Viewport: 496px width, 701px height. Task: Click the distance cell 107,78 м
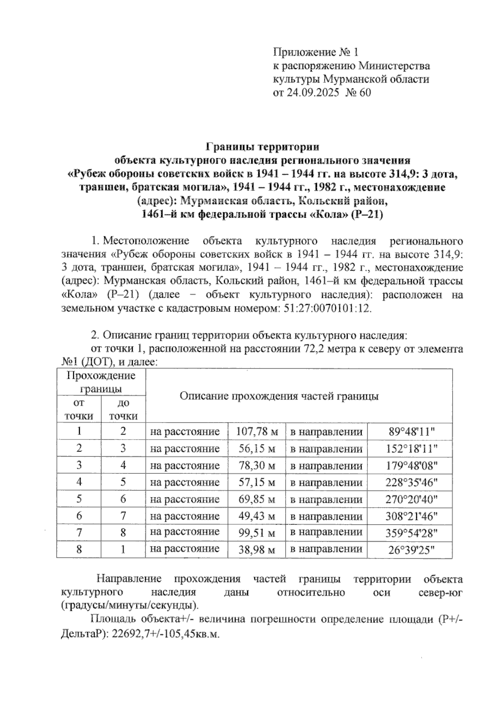(257, 432)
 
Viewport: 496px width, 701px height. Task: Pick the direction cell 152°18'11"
(409, 449)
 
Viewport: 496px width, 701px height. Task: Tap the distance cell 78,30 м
(257, 466)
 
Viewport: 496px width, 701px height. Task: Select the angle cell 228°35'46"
(409, 482)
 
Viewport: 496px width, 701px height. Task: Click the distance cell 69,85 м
(257, 499)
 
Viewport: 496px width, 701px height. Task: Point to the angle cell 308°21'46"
(409, 516)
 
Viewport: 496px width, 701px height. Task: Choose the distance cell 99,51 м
(257, 533)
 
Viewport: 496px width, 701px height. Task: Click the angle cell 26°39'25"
(409, 550)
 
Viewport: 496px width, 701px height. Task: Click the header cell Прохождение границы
(101, 382)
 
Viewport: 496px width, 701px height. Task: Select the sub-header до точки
(123, 409)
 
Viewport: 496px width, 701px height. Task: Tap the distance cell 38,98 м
(257, 550)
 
